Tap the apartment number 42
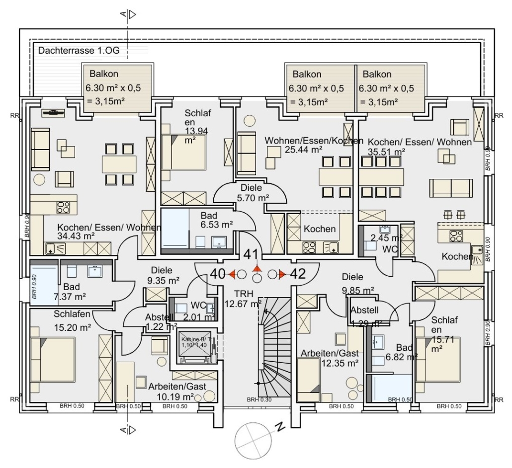[x=298, y=274]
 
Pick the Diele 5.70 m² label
[x=254, y=192]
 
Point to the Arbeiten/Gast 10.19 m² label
[x=177, y=391]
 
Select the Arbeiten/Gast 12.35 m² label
[x=330, y=358]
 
